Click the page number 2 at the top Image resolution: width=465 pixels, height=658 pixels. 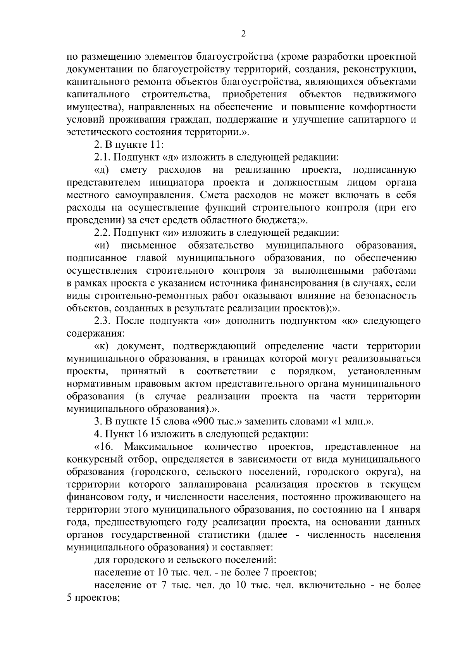tap(243, 34)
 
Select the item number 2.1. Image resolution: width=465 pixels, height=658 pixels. tap(103, 157)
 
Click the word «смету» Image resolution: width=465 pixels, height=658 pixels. tap(134, 170)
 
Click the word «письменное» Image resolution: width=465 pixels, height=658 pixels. tap(149, 245)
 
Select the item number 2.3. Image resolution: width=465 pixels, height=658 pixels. tap(103, 321)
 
